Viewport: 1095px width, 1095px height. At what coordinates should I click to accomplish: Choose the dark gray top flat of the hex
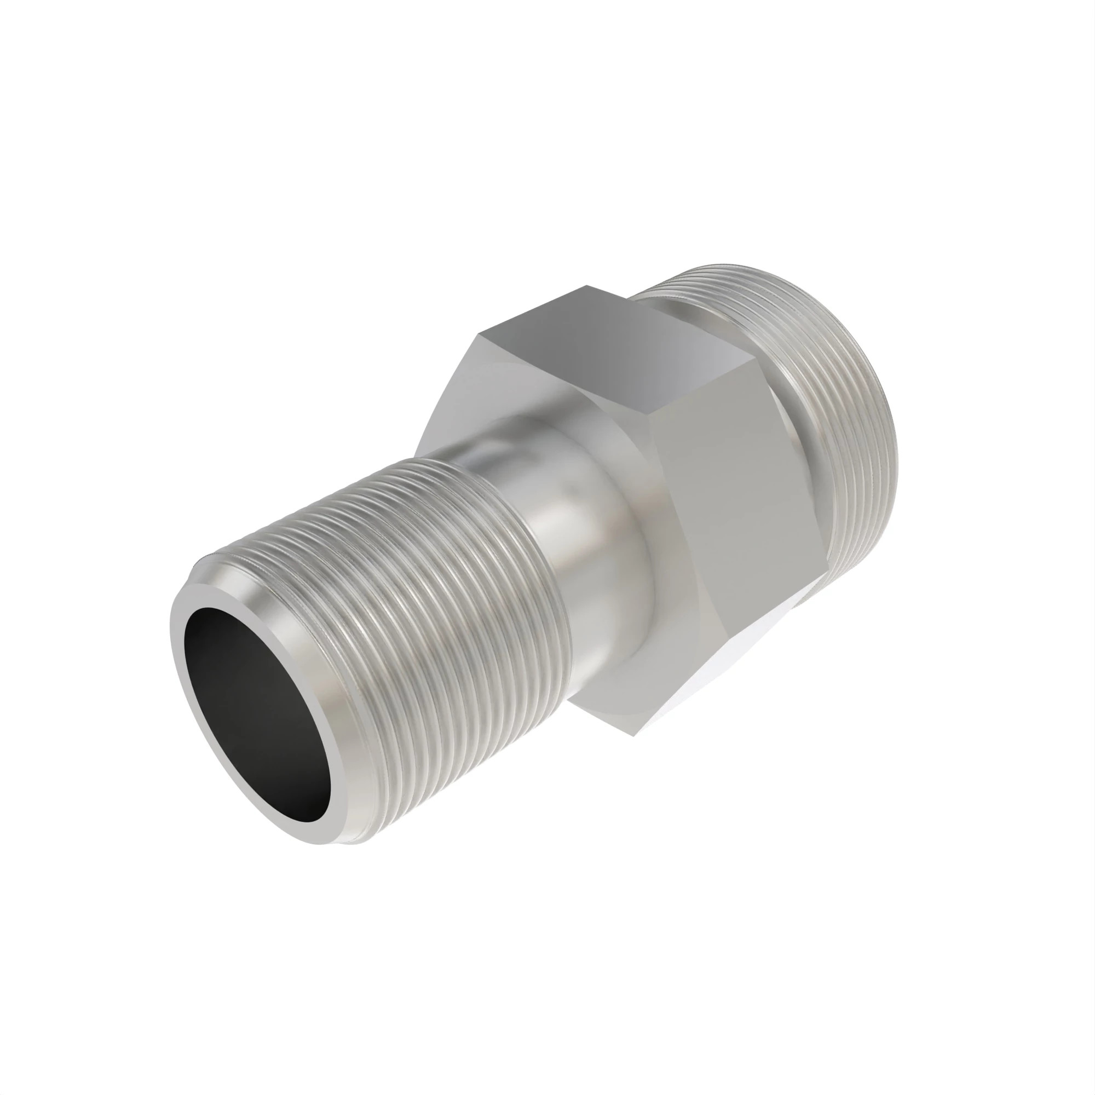coord(612,340)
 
